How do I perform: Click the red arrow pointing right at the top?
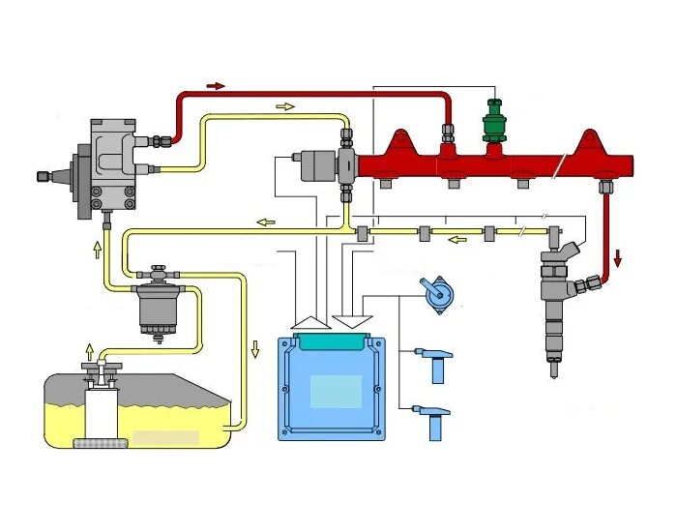[215, 86]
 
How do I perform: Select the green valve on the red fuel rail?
[495, 124]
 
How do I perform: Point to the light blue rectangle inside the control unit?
[336, 392]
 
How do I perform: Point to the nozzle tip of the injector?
[554, 369]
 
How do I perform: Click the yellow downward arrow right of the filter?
[255, 348]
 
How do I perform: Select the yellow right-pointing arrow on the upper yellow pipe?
[284, 106]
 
